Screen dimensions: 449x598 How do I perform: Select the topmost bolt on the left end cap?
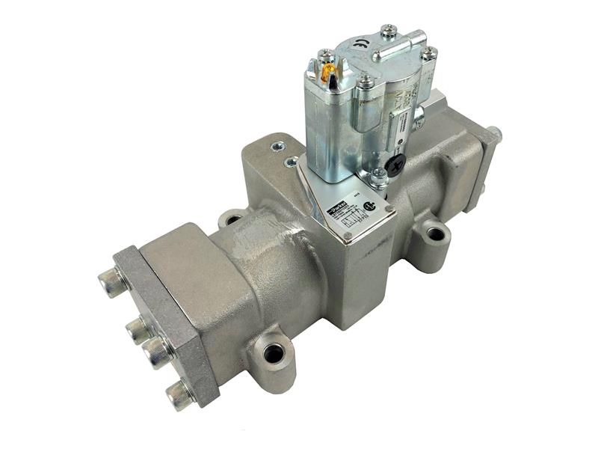111,283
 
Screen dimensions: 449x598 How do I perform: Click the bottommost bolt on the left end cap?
180,394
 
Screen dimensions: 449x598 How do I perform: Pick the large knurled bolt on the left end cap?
159,351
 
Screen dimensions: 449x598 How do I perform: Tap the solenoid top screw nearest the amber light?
326,55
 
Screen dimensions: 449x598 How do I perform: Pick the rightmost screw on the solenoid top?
428,54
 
